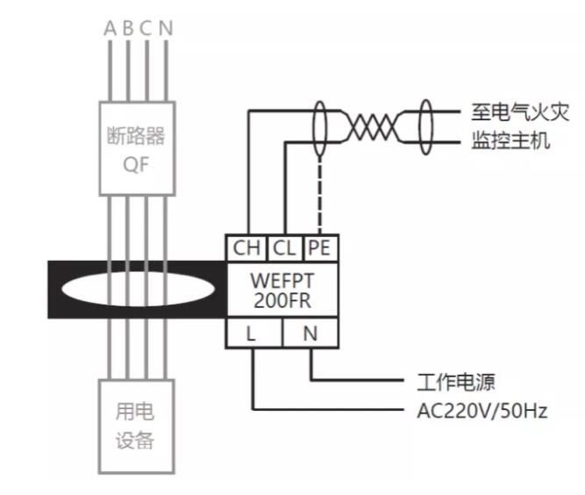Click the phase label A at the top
click(110, 27)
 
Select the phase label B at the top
click(128, 27)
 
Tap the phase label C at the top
click(146, 27)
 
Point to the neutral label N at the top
click(166, 27)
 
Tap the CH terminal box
click(246, 248)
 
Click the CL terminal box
click(284, 248)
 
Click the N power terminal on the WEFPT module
click(311, 334)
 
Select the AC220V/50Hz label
click(482, 410)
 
